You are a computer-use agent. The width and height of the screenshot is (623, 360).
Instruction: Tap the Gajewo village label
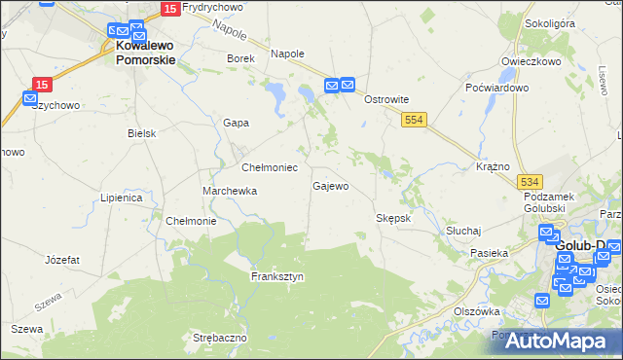(x=330, y=185)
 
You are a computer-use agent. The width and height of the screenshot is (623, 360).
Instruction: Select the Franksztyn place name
(x=277, y=276)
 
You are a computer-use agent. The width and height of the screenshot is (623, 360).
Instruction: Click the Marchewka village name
(x=230, y=191)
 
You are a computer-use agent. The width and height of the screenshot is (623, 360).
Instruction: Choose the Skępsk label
(x=394, y=218)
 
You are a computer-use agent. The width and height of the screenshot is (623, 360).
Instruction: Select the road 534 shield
(x=530, y=182)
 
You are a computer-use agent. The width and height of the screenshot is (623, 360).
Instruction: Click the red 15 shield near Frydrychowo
(x=169, y=9)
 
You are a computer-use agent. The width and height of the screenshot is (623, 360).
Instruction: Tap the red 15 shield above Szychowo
(x=41, y=85)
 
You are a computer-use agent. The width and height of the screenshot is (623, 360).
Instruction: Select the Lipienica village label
(x=122, y=198)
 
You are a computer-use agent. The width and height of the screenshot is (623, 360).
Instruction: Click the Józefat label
(x=62, y=260)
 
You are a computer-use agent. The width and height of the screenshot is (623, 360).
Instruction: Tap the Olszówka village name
(x=477, y=311)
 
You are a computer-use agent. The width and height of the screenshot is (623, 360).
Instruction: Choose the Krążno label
(x=494, y=166)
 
